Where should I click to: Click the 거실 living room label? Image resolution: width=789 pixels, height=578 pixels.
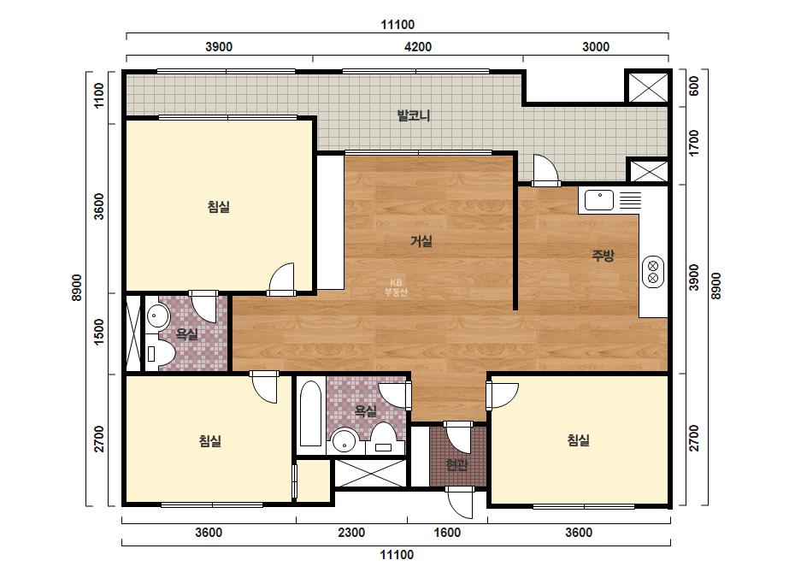click(421, 241)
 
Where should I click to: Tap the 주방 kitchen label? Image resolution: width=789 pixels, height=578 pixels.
click(603, 256)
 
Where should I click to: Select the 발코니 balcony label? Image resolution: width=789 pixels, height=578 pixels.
click(414, 115)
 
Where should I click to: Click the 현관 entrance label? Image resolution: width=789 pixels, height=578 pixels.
click(456, 465)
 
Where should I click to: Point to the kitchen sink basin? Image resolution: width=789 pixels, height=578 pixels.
click(598, 200)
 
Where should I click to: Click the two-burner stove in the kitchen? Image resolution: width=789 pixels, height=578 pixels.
click(652, 272)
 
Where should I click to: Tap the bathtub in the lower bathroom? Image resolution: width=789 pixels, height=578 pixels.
click(310, 413)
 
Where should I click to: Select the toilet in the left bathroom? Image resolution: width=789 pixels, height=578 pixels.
click(160, 352)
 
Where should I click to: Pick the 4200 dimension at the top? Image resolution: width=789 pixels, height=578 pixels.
click(418, 47)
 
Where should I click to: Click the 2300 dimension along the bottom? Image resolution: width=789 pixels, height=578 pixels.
click(351, 532)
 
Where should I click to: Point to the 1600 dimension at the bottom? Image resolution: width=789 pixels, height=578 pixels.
click(447, 532)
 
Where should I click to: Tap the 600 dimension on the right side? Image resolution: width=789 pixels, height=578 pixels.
click(694, 86)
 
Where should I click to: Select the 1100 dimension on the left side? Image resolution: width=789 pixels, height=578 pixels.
click(99, 95)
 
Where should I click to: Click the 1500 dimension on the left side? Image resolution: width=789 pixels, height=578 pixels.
click(99, 332)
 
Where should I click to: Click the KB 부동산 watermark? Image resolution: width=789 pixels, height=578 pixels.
click(396, 287)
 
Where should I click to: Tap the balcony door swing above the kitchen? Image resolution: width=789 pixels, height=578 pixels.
click(546, 170)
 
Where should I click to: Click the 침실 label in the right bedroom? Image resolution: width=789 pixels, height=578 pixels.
click(579, 440)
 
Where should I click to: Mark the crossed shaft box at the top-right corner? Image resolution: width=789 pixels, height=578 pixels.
click(649, 87)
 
